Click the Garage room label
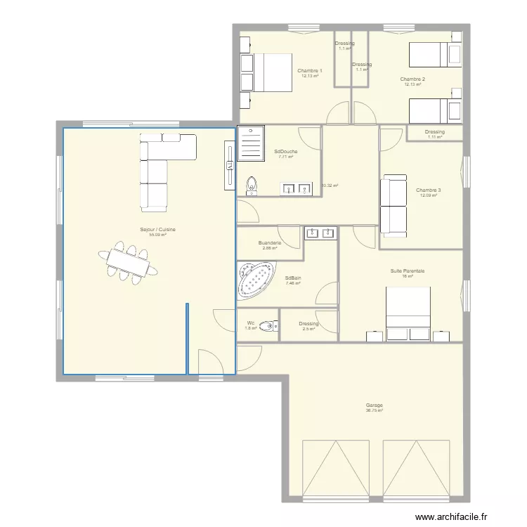click(374, 405)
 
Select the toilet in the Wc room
click(268, 326)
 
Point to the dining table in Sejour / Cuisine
click(128, 263)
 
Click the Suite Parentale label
click(408, 271)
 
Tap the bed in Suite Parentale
click(408, 309)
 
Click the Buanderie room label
click(270, 243)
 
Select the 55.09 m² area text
click(157, 235)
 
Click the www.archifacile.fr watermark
click(450, 516)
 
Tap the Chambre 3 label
click(429, 190)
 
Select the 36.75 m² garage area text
click(374, 410)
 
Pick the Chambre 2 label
click(413, 79)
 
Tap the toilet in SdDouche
click(252, 185)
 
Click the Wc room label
click(251, 323)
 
